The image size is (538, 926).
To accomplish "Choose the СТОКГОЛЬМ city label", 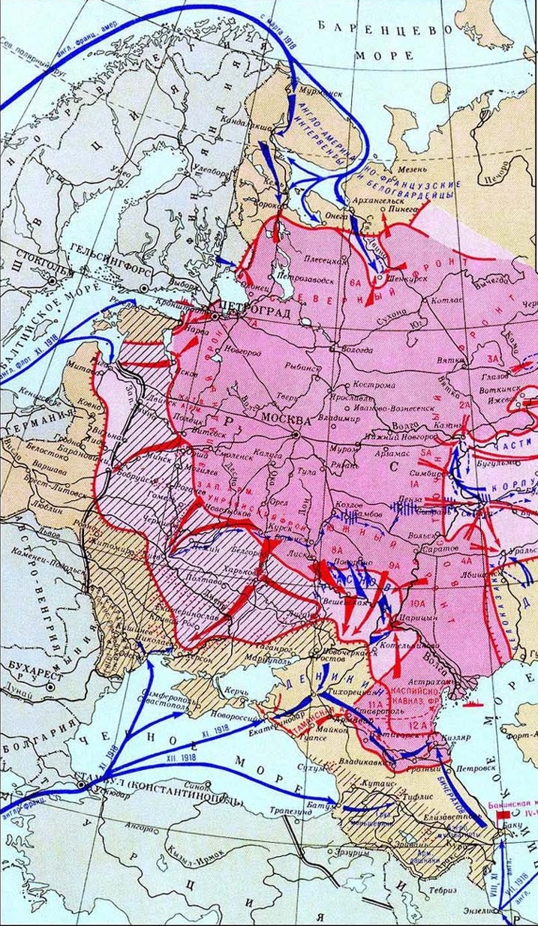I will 33,269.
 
